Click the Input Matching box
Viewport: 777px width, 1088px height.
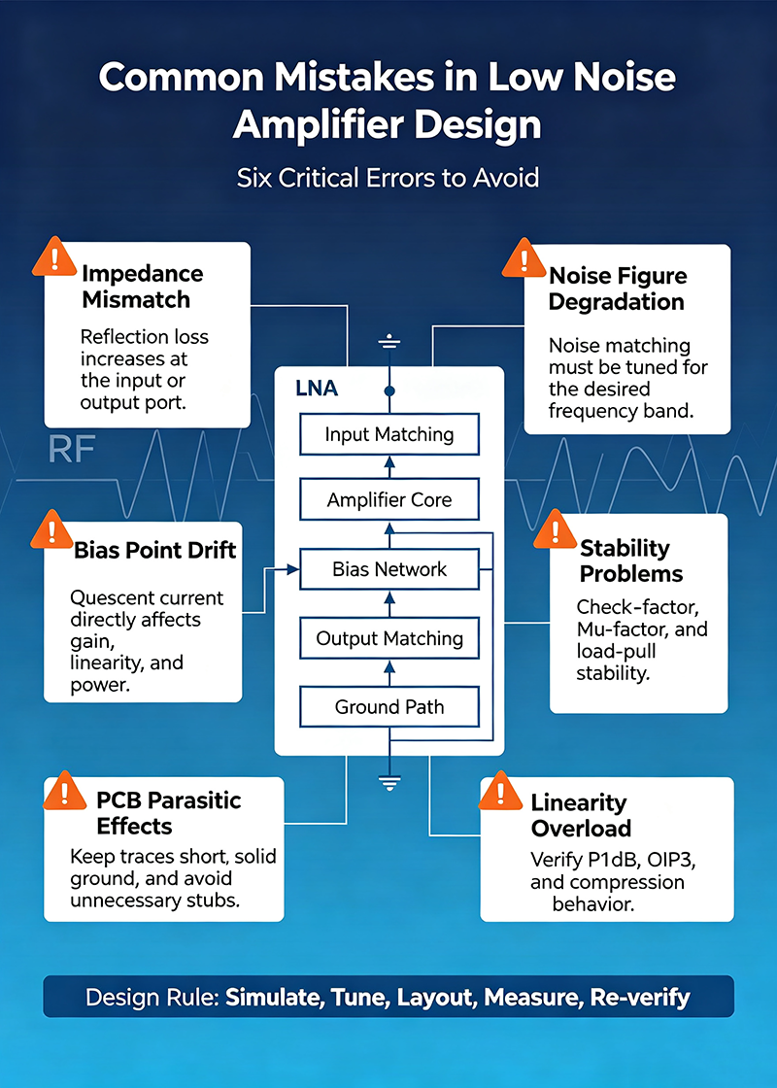[x=389, y=434]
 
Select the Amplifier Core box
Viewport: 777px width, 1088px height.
[x=389, y=499]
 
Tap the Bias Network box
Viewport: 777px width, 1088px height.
[x=389, y=569]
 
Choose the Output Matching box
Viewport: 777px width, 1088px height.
[x=389, y=638]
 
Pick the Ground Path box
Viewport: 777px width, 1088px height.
[x=389, y=706]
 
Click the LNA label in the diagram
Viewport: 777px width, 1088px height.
[x=317, y=388]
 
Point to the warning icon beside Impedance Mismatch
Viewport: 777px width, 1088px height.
[x=54, y=256]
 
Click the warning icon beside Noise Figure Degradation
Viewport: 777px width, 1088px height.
[x=524, y=258]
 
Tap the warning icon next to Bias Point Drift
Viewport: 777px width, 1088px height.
[x=52, y=529]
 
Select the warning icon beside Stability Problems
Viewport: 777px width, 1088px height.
[x=555, y=529]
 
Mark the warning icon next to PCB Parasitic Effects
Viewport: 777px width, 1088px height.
[x=64, y=791]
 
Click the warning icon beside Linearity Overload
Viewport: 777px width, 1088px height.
[x=500, y=791]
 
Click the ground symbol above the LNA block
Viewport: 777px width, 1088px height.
[x=389, y=341]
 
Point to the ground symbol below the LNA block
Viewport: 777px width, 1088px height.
[x=389, y=783]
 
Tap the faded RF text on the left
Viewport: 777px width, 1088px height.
[x=72, y=450]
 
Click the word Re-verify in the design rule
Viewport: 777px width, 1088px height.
[x=640, y=997]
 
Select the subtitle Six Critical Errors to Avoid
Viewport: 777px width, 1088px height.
[x=388, y=179]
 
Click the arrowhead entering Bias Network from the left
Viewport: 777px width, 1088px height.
[x=292, y=569]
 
